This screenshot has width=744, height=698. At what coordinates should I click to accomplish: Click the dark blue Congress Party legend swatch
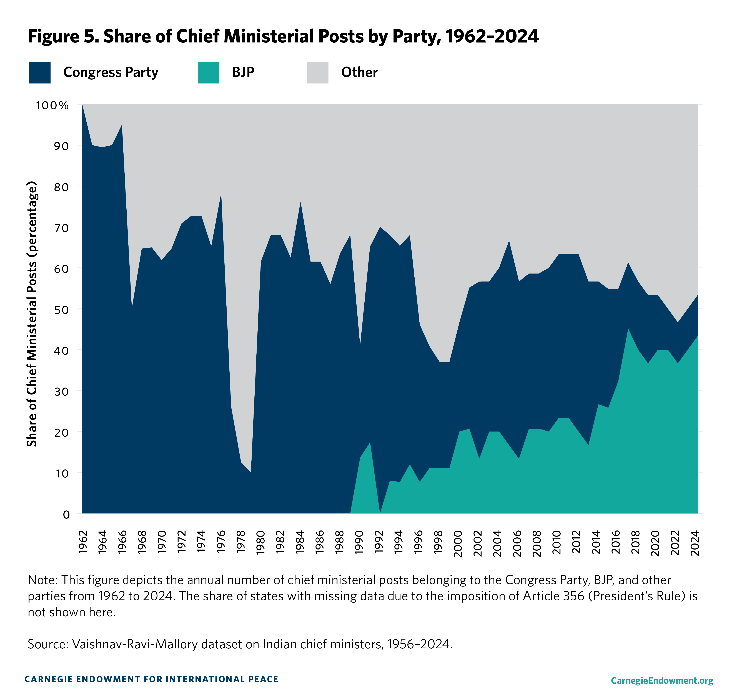(40, 73)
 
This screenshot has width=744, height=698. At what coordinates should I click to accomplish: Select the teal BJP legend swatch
(209, 73)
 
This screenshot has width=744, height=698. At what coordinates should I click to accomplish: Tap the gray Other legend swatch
(317, 73)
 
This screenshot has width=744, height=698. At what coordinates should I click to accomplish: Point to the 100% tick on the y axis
(52, 105)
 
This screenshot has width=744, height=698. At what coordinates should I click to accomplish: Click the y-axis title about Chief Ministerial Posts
(32, 313)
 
